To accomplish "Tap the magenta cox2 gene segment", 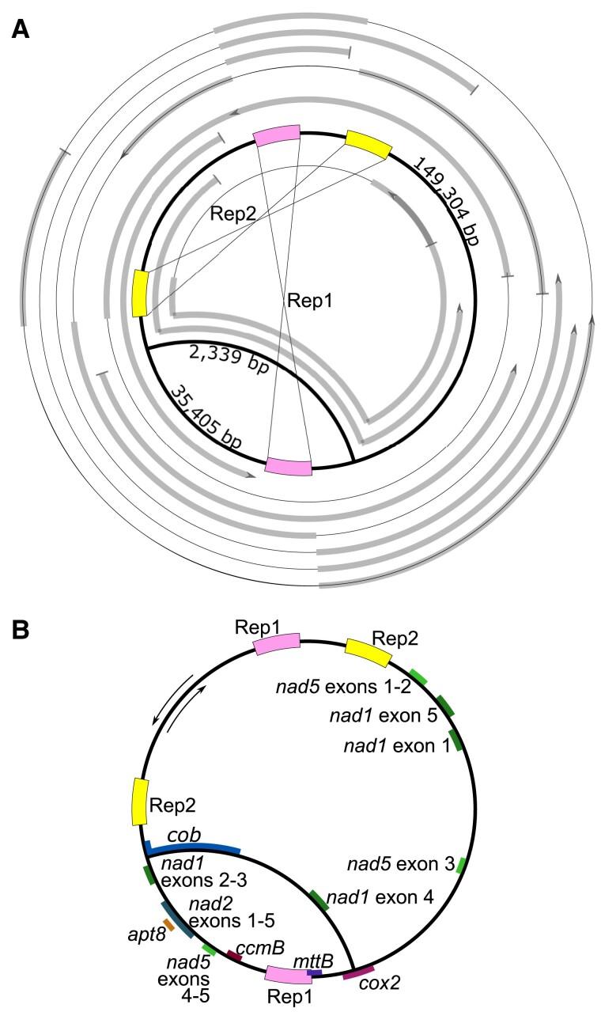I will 359,971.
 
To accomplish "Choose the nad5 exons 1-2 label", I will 340,685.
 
